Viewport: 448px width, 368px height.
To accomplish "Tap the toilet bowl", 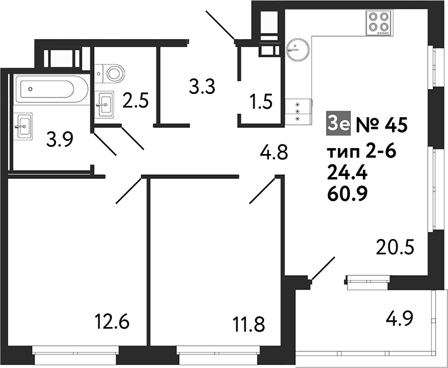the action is (x=109, y=73).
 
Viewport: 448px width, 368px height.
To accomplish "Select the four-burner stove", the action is (x=380, y=23).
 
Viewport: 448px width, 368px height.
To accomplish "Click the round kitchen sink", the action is (x=297, y=50).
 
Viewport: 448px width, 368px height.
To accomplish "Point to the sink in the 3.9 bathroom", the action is (x=23, y=126).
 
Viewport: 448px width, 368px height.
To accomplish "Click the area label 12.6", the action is (x=112, y=321).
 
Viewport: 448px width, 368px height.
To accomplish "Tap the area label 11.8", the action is (x=249, y=324).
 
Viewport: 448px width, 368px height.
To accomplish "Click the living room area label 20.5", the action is (x=395, y=247).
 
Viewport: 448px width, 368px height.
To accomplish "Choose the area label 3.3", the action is (x=202, y=87).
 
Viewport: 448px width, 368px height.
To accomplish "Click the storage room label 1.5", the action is (x=261, y=102).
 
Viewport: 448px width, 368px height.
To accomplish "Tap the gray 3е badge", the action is (x=338, y=124).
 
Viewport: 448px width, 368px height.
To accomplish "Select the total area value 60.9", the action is (x=347, y=194).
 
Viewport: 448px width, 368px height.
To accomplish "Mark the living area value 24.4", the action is (x=347, y=173).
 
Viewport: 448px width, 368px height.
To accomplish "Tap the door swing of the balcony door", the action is (x=323, y=269).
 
